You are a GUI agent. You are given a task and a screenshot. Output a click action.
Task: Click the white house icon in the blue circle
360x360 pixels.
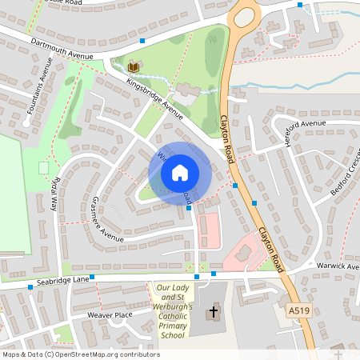(x=180, y=173)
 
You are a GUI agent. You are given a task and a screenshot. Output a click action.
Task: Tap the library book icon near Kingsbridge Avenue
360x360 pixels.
(x=133, y=66)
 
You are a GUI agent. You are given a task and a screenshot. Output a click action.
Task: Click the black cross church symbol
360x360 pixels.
(x=214, y=311)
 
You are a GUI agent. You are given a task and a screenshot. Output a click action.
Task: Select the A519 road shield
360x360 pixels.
(x=297, y=309)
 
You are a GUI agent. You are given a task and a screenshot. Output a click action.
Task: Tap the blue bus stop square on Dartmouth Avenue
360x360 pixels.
(x=142, y=40)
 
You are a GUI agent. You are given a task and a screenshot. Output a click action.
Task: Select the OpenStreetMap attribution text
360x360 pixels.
(x=81, y=354)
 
